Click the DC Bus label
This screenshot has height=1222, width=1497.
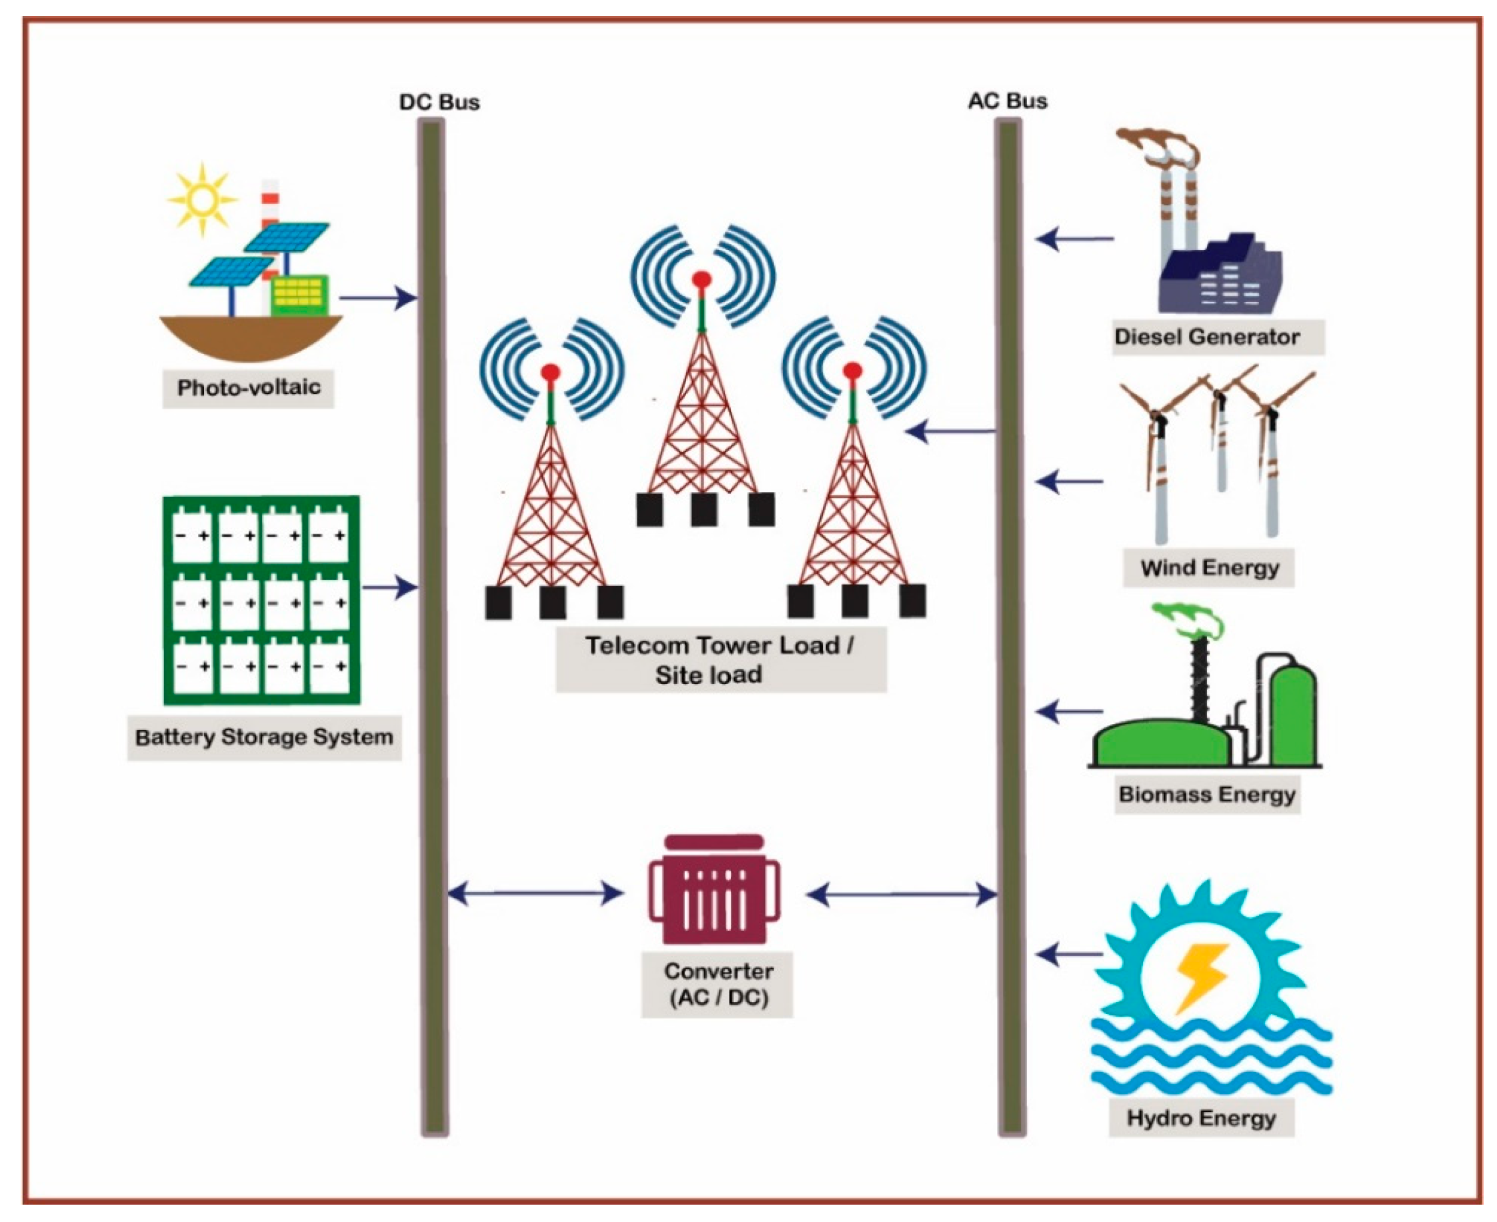click(x=439, y=103)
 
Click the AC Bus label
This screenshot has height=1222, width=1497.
click(x=1008, y=101)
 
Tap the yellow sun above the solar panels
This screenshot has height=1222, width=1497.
click(x=202, y=200)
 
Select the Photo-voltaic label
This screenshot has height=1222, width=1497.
click(x=249, y=388)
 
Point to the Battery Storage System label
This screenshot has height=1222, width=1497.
click(x=264, y=738)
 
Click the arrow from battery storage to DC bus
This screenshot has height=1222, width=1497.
click(x=390, y=587)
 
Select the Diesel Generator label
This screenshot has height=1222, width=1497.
click(x=1206, y=337)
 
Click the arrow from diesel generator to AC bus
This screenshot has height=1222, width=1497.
click(x=1074, y=239)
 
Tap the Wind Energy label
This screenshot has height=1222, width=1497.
click(x=1209, y=567)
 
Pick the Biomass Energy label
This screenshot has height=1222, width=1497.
click(x=1207, y=795)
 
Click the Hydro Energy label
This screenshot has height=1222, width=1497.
click(x=1201, y=1118)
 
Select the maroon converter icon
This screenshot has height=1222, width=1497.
click(x=714, y=891)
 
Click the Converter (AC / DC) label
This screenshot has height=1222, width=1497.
click(x=717, y=984)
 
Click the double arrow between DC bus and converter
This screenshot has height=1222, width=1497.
click(x=536, y=894)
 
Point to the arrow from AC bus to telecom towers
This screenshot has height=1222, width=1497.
click(x=950, y=431)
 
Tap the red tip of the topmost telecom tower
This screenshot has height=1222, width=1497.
click(x=702, y=280)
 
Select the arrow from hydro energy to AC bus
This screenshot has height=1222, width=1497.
click(x=1069, y=955)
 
